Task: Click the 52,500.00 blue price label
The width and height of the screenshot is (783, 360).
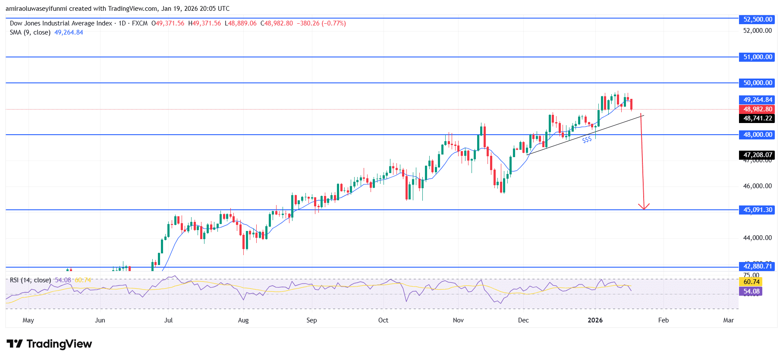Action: click(757, 19)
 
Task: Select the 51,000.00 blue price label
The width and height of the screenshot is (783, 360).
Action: click(757, 57)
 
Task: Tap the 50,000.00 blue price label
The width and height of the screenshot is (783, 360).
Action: click(757, 83)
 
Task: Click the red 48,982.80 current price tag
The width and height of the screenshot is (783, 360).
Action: click(757, 109)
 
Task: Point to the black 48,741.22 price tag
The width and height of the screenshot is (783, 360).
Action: click(757, 118)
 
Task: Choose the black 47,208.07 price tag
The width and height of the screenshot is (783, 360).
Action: click(757, 155)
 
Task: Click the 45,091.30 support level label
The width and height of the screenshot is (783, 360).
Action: click(757, 210)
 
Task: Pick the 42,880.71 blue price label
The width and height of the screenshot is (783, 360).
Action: click(757, 266)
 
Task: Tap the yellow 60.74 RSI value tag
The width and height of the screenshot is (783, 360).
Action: click(751, 282)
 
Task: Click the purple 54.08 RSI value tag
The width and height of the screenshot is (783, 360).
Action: click(751, 291)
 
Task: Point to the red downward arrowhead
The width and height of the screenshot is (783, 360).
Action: click(644, 207)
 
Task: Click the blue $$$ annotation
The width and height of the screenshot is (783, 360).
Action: click(587, 140)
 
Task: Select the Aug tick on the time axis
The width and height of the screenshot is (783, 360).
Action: click(243, 320)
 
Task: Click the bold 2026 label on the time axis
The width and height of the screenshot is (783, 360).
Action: click(595, 320)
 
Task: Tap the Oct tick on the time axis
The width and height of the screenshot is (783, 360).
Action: click(383, 320)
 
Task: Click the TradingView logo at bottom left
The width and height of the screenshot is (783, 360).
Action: click(50, 344)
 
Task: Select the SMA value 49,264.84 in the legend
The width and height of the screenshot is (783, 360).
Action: click(69, 32)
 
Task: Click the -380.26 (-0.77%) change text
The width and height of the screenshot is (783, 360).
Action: click(321, 23)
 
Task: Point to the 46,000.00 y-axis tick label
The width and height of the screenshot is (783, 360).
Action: click(757, 186)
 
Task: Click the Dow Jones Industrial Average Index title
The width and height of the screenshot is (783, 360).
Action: click(61, 23)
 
